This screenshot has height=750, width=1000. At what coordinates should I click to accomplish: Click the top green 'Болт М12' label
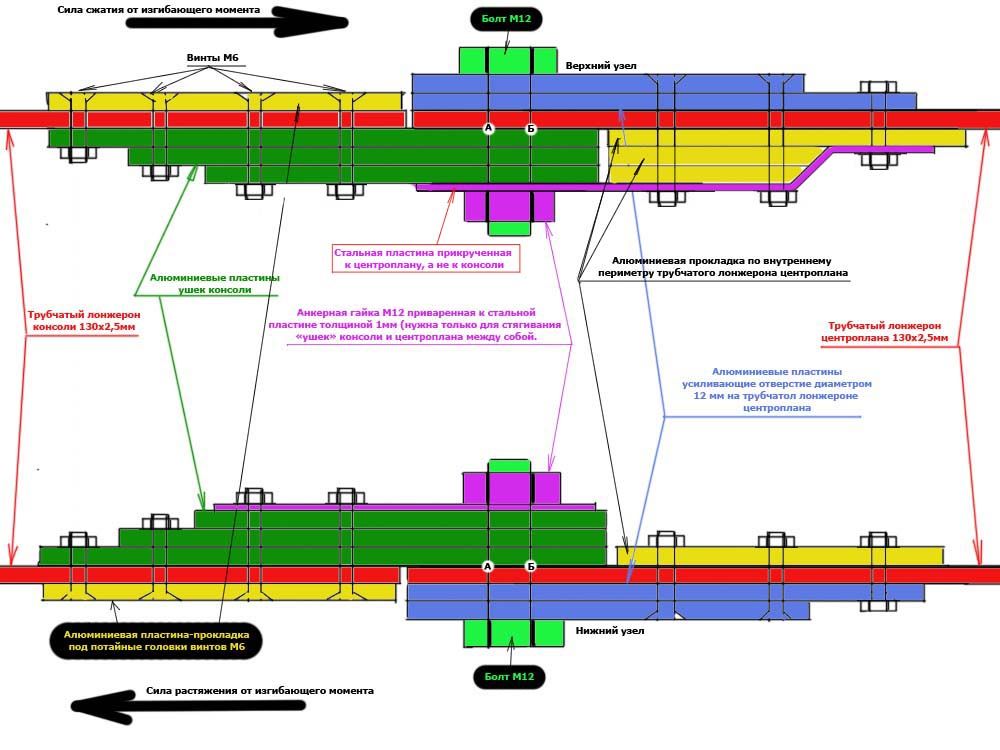(507, 20)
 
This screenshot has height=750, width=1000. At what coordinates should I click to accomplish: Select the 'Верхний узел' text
(601, 66)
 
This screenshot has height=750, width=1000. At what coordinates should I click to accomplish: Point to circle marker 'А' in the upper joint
(489, 128)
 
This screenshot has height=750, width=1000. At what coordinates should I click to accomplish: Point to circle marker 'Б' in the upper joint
(531, 128)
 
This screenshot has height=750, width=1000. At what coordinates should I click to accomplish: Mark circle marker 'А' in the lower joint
(488, 567)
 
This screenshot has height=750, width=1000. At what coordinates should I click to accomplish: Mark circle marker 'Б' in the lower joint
(531, 567)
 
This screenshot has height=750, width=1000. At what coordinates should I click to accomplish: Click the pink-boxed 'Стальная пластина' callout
(429, 259)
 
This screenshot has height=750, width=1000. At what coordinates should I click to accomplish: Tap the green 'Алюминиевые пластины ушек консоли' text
(214, 283)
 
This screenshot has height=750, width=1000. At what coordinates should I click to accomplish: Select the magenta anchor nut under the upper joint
(509, 205)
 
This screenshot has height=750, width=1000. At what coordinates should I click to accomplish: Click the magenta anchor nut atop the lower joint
(509, 487)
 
